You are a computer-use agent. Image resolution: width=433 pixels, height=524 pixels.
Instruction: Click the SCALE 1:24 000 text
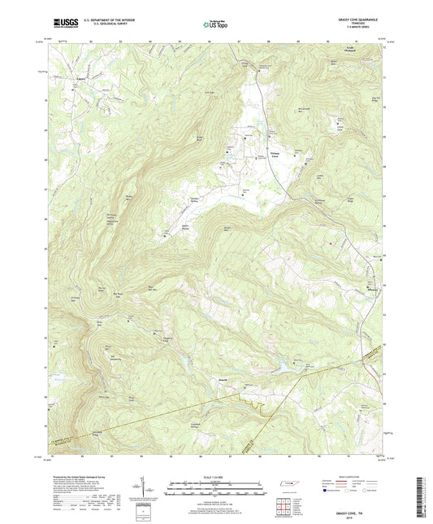(216, 477)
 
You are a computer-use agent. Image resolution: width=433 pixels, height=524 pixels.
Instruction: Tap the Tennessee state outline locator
(287, 485)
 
